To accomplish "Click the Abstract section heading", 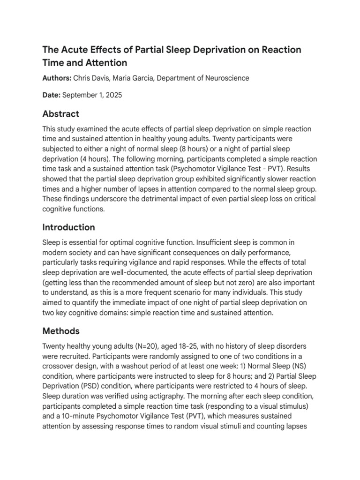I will click(x=61, y=114).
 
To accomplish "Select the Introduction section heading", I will click(x=68, y=227).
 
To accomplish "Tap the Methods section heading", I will click(x=61, y=331).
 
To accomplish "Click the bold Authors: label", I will click(x=57, y=78).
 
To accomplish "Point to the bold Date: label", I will click(x=51, y=95).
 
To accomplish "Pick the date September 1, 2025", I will click(x=92, y=95).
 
